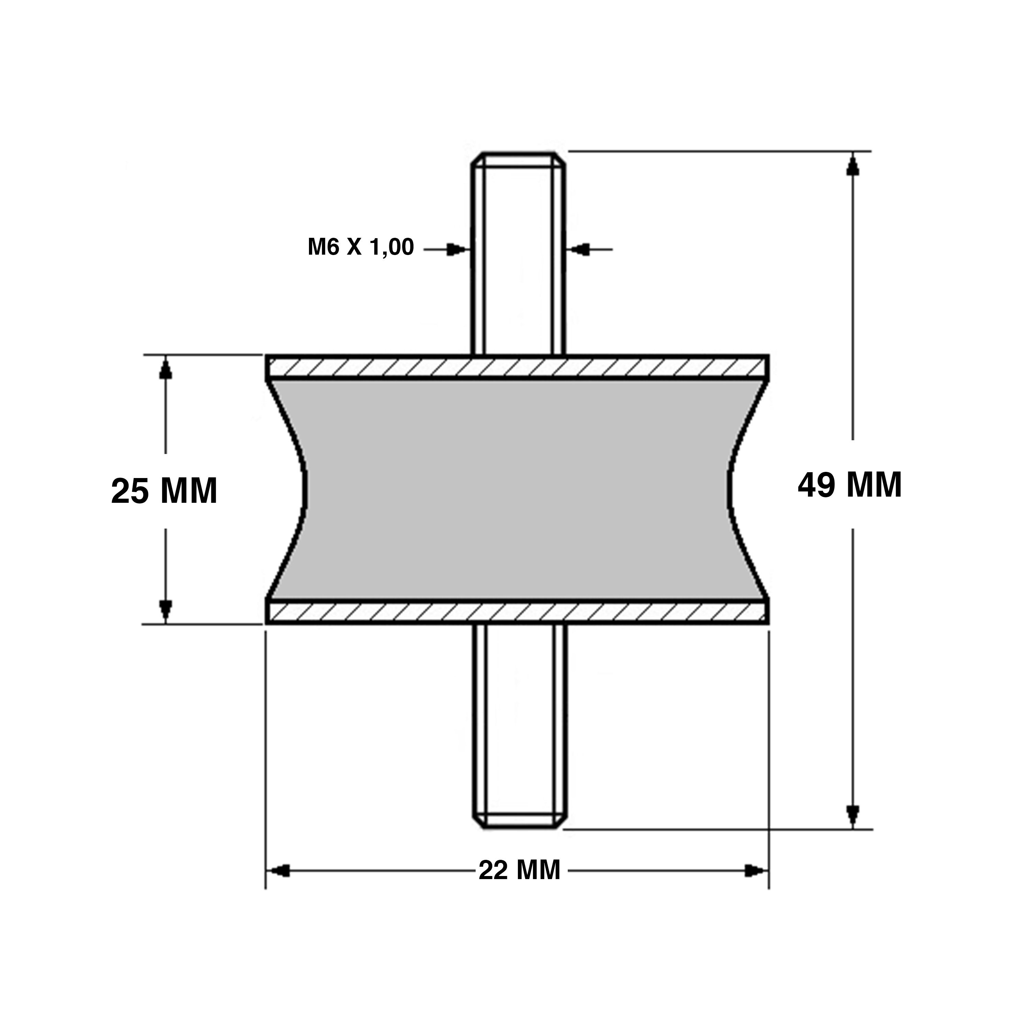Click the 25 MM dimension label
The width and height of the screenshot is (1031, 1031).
click(x=164, y=491)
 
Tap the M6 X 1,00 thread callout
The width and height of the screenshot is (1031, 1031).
click(x=361, y=247)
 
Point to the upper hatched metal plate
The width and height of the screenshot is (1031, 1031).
click(x=517, y=367)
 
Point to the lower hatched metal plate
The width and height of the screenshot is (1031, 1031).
click(x=517, y=612)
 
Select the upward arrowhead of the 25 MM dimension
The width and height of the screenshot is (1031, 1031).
click(x=165, y=368)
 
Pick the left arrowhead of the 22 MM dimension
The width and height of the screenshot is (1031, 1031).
click(x=280, y=871)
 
